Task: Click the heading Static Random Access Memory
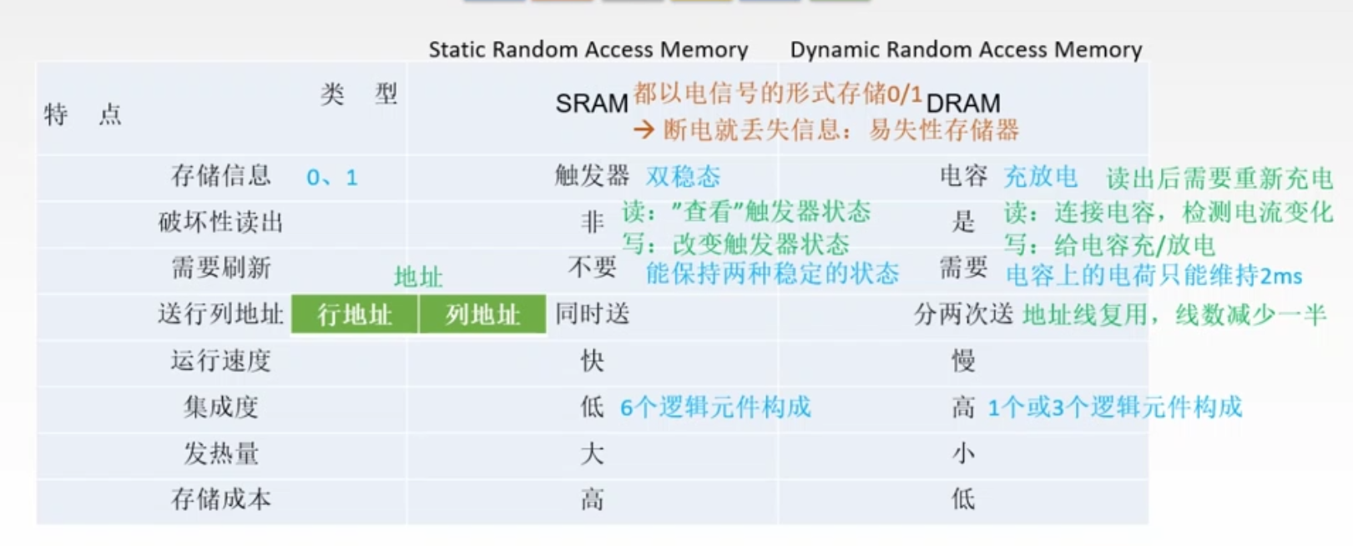(x=588, y=50)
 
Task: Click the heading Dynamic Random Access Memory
(x=966, y=50)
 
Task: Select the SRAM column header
(x=591, y=104)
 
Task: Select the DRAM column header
(x=963, y=104)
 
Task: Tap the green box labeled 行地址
(x=355, y=315)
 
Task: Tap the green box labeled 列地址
(x=482, y=315)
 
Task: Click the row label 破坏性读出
(x=220, y=222)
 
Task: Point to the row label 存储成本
(x=220, y=499)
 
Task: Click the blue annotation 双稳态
(x=683, y=176)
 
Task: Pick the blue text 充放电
(x=1040, y=176)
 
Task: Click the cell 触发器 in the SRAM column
(x=591, y=175)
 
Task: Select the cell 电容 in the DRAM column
(x=963, y=175)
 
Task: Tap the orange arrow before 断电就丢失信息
(x=644, y=129)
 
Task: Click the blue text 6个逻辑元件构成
(x=715, y=407)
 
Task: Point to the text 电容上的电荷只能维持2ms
(x=1154, y=276)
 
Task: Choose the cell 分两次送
(x=963, y=315)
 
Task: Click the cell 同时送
(x=592, y=315)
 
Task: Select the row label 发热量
(x=220, y=453)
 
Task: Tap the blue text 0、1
(x=332, y=178)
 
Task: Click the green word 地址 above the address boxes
(x=418, y=277)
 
